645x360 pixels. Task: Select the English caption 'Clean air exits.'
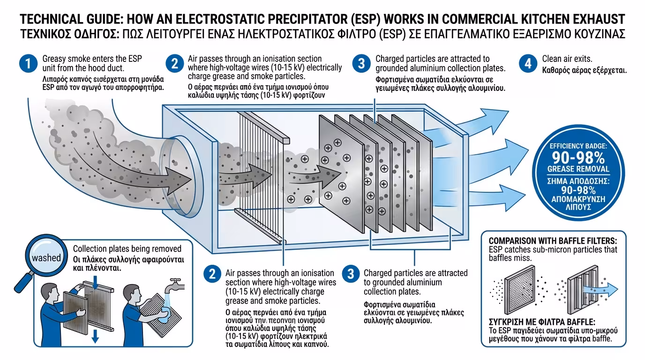click(x=567, y=59)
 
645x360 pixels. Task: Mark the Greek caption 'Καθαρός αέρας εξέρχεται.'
click(x=585, y=71)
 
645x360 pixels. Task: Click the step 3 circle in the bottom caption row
click(x=350, y=274)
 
